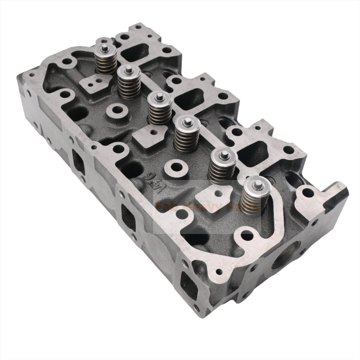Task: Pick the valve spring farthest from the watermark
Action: point(106,56)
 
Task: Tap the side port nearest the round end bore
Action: point(188,279)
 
